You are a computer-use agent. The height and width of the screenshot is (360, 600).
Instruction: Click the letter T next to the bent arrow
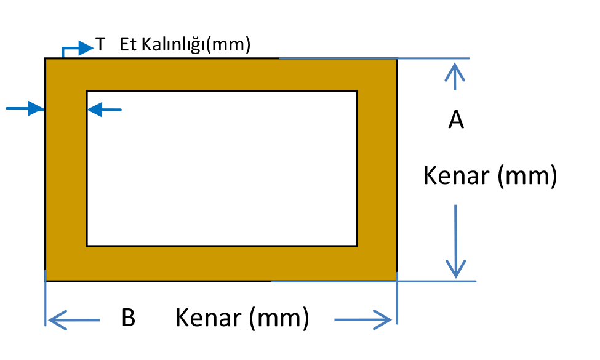tap(101, 46)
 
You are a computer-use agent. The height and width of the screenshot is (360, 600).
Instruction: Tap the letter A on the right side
tap(455, 120)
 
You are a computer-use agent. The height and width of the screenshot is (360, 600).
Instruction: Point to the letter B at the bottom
tap(128, 319)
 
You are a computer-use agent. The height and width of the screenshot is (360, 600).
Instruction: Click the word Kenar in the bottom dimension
tap(209, 319)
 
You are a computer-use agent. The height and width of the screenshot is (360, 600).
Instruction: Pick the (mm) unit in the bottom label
tap(279, 319)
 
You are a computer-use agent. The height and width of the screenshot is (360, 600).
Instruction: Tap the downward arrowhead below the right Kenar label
tap(455, 270)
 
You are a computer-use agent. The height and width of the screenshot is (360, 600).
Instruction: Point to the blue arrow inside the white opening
tap(105, 110)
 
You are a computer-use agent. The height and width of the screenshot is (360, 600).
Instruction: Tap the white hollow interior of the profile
tap(222, 168)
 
